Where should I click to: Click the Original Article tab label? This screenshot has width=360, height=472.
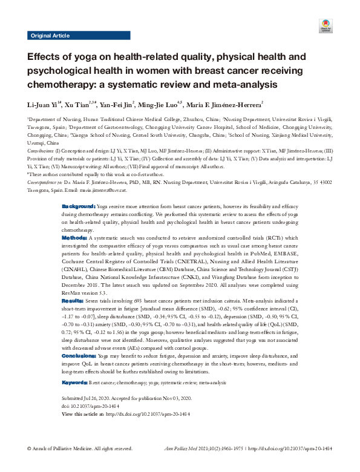50,36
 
